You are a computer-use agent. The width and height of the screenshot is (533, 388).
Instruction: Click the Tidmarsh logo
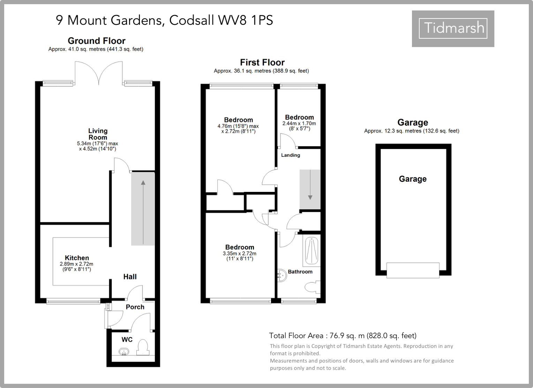click(x=453, y=28)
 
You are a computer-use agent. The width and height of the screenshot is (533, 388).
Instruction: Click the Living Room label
click(x=98, y=134)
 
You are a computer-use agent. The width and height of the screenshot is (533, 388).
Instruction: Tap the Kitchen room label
click(x=77, y=258)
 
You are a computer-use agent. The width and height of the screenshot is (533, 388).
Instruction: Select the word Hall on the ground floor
click(x=130, y=277)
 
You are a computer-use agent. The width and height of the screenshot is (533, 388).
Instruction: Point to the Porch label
click(x=135, y=307)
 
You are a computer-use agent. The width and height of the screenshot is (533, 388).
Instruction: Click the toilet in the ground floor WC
click(x=143, y=347)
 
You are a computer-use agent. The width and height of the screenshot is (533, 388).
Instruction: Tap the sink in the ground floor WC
click(x=124, y=351)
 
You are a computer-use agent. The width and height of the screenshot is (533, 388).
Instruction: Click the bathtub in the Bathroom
click(x=311, y=251)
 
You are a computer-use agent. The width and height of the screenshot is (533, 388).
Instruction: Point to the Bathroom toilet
click(x=311, y=287)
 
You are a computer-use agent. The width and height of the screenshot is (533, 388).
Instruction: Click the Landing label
click(x=291, y=155)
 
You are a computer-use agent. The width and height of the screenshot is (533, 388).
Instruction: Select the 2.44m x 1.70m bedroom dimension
click(x=299, y=124)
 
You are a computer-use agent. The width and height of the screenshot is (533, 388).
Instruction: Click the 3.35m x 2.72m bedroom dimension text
click(x=239, y=254)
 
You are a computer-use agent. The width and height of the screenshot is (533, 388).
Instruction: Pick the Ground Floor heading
click(x=96, y=41)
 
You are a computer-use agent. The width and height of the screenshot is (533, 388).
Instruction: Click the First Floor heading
click(x=262, y=62)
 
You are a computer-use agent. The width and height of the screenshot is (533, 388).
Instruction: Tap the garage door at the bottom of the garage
click(x=413, y=270)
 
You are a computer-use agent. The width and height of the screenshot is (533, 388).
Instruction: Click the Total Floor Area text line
click(x=343, y=336)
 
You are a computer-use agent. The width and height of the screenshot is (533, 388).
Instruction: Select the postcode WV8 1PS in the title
click(x=246, y=20)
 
